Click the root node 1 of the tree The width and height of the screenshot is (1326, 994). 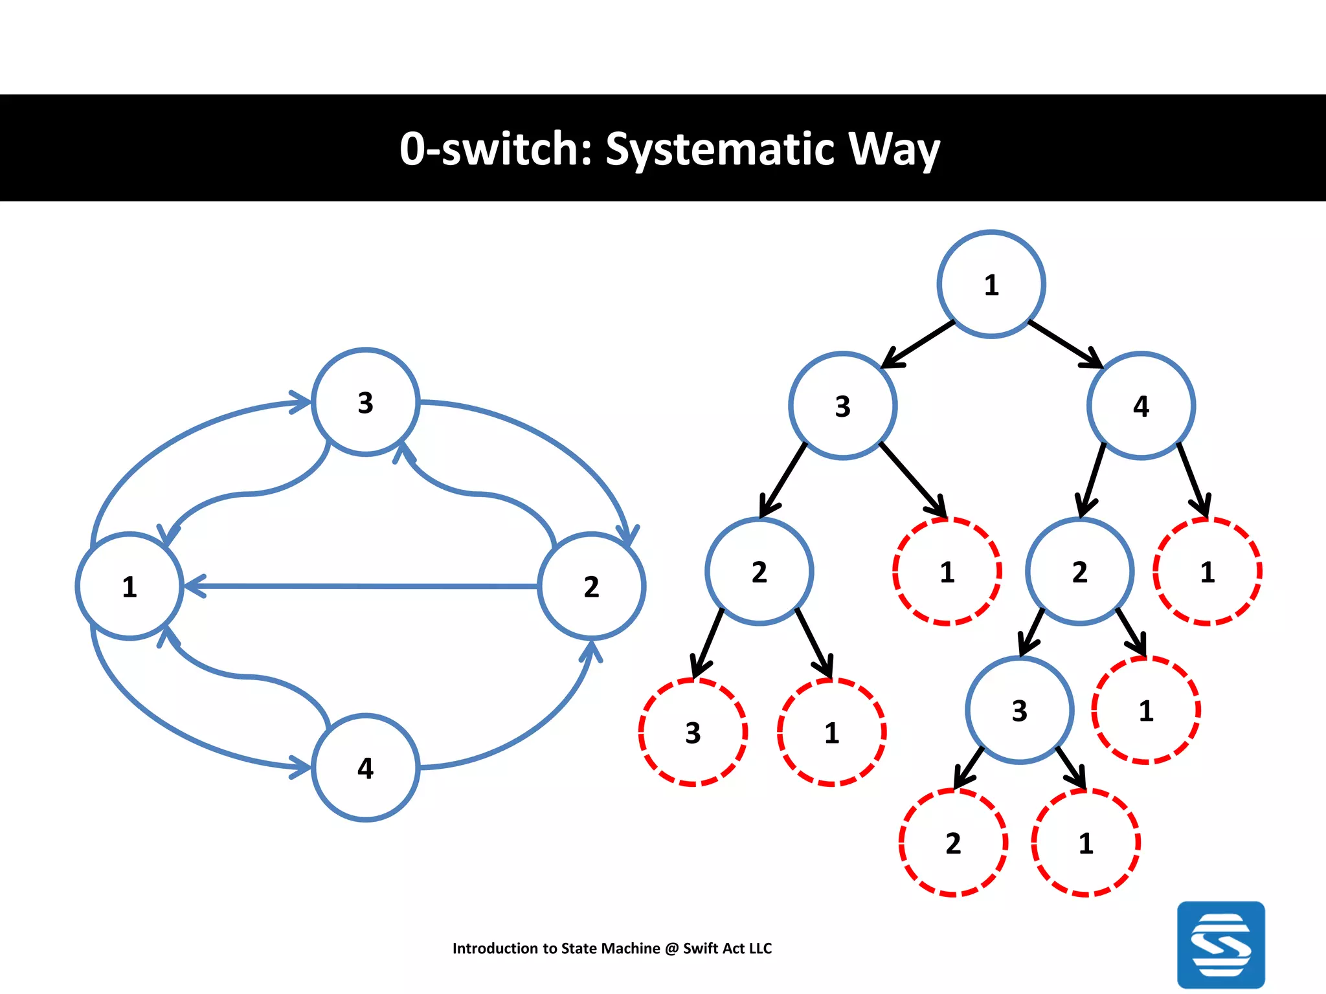point(991,284)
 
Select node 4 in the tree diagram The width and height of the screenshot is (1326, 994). point(1141,406)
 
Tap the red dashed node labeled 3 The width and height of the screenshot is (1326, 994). point(693,732)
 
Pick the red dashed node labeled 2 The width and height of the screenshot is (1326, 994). point(953,843)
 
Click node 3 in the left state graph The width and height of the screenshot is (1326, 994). point(366,402)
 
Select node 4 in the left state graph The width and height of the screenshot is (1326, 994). point(366,768)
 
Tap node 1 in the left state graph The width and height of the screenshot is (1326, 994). point(129,586)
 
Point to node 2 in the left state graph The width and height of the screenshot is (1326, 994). point(591,586)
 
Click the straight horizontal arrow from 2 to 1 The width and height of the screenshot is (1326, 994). point(363,586)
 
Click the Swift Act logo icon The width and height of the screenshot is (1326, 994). point(1220,944)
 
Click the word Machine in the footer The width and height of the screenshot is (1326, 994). point(629,948)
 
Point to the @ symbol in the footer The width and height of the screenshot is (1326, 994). point(671,948)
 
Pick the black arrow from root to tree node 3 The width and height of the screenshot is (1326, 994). point(918,344)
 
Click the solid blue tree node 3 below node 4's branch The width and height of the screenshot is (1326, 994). point(1019,710)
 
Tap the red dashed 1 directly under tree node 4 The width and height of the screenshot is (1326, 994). point(1207,571)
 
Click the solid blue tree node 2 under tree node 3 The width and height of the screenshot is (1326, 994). point(759,571)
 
